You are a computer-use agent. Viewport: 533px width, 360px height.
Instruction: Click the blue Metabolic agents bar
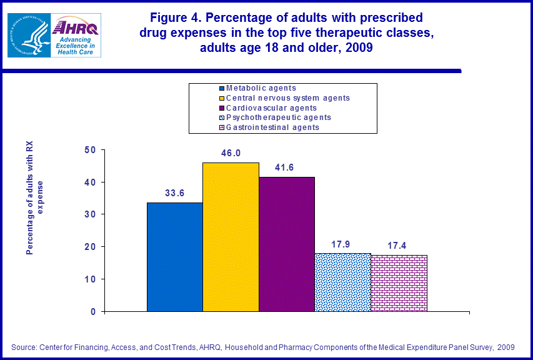pyautogui.click(x=174, y=257)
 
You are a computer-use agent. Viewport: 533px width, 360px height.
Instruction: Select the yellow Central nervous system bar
pyautogui.click(x=231, y=237)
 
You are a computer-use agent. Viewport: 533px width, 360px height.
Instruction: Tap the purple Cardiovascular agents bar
pyautogui.click(x=287, y=244)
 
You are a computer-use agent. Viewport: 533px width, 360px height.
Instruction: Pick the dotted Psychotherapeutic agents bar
pyautogui.click(x=343, y=282)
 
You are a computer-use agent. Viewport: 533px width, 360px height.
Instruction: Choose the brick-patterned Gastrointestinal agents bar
pyautogui.click(x=399, y=283)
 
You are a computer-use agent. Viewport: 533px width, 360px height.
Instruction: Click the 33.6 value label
pyautogui.click(x=174, y=193)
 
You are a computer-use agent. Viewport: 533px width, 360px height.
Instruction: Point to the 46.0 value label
pyautogui.click(x=231, y=153)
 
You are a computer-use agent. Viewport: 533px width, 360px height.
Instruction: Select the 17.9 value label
pyautogui.click(x=343, y=244)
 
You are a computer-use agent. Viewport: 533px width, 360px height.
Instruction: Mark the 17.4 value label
pyautogui.click(x=399, y=246)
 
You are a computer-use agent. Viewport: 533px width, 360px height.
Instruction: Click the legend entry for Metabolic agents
pyautogui.click(x=261, y=88)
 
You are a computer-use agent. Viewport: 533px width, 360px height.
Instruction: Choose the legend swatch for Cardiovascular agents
pyautogui.click(x=221, y=108)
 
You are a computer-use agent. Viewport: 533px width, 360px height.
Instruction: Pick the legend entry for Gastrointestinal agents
pyautogui.click(x=272, y=127)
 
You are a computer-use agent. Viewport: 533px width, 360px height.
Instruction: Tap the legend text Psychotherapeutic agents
pyautogui.click(x=278, y=117)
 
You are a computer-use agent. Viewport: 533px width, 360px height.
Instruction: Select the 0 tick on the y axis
pyautogui.click(x=93, y=311)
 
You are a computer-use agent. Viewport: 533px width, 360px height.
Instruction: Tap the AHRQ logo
pyautogui.click(x=75, y=36)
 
